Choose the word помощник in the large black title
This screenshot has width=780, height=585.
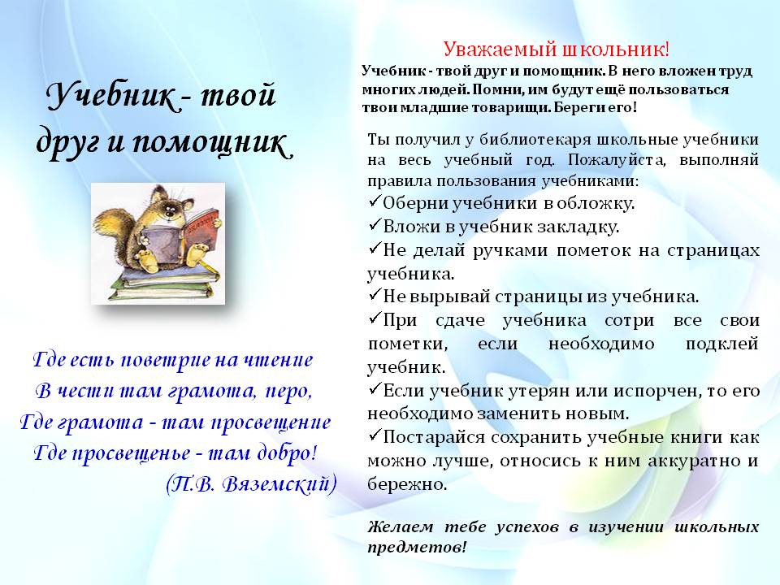tap(212, 143)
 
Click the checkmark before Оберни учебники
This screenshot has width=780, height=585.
tap(375, 201)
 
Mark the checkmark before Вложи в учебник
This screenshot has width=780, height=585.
tap(375, 225)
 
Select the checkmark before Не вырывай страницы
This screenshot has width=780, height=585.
tap(375, 295)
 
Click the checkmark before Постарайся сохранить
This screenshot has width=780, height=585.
tap(375, 435)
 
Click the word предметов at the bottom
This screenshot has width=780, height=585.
tap(417, 548)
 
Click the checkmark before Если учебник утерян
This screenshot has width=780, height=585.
tap(375, 389)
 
